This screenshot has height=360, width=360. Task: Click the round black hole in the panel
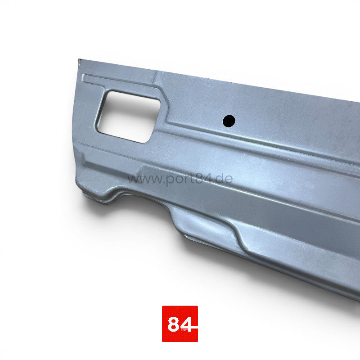point(229,121)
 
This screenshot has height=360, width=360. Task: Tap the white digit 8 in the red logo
point(174,324)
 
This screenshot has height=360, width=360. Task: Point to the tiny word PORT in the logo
point(184,330)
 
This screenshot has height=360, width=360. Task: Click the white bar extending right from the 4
point(194,327)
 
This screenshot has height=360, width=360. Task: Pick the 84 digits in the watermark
point(202,179)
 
